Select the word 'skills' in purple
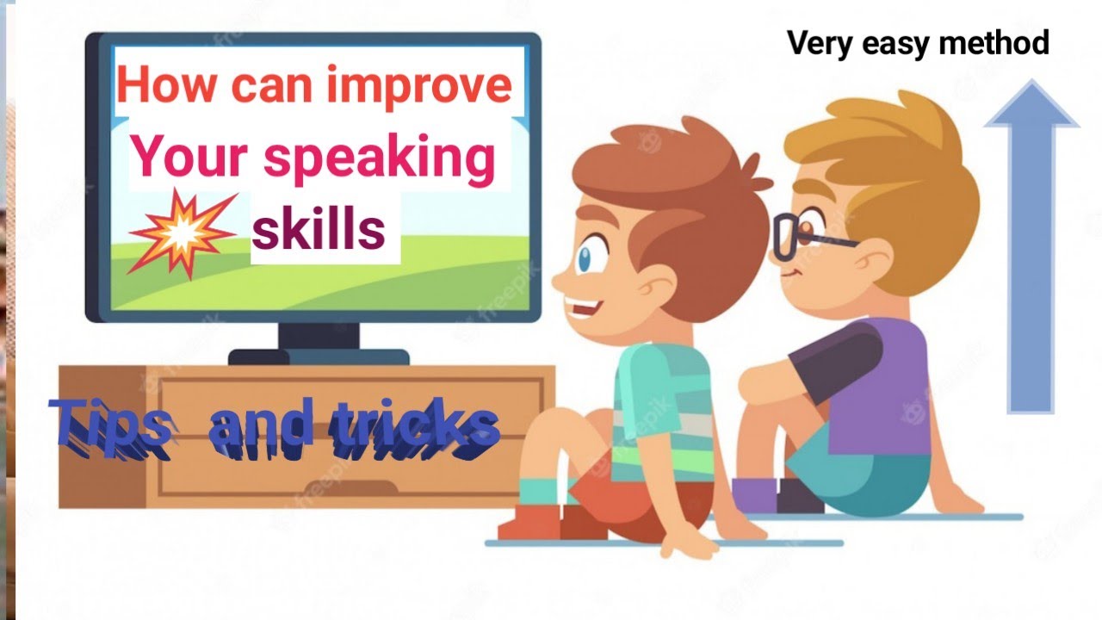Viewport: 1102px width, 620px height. coord(319,230)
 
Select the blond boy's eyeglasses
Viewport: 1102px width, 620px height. coord(801,235)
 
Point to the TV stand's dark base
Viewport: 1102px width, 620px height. coord(319,356)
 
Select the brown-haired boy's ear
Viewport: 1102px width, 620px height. coord(659,284)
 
